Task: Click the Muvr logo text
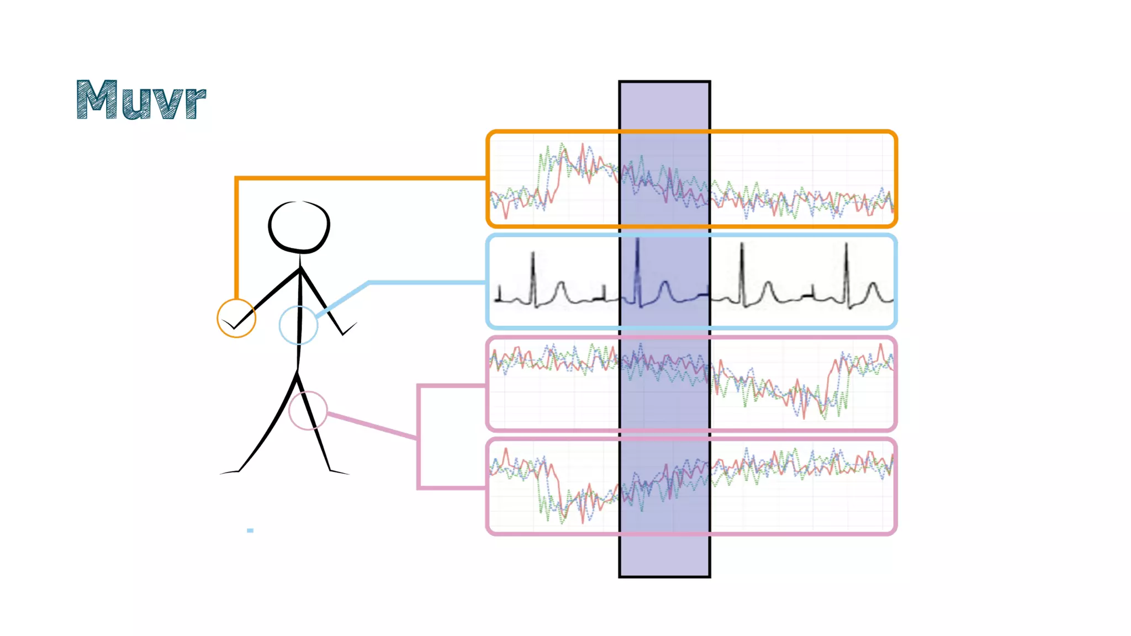point(141,99)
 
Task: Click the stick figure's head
point(299,227)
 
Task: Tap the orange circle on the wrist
point(236,318)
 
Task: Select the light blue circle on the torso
point(298,325)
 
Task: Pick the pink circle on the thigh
point(308,410)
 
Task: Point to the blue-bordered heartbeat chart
point(801,282)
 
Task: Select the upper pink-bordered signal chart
point(801,384)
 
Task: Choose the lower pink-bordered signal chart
point(801,486)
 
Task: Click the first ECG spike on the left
point(533,276)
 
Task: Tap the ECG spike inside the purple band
point(637,271)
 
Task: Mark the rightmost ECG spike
point(846,273)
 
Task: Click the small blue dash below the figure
point(250,531)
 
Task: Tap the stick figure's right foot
point(338,472)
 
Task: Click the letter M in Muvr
point(97,99)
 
